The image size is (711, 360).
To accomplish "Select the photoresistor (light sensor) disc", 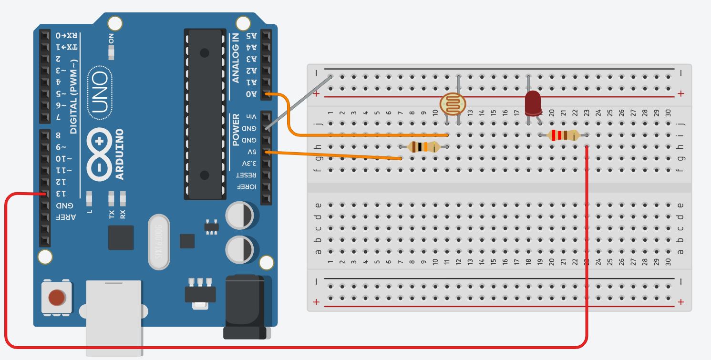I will coord(453,104).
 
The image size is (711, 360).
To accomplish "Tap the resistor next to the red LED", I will coord(564,135).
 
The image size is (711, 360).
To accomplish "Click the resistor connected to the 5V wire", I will coord(423,147).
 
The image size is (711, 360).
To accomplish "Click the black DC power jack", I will coord(244,307).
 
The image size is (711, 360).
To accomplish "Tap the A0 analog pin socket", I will coord(266,94).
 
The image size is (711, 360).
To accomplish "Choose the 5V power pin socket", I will coord(266,153).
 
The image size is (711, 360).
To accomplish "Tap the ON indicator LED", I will coord(111,53).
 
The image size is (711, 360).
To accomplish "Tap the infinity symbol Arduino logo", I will coord(99,154).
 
